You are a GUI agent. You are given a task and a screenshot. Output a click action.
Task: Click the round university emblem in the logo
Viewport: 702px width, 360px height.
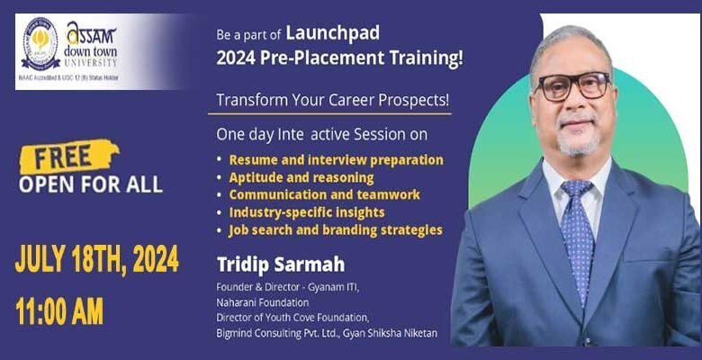40,44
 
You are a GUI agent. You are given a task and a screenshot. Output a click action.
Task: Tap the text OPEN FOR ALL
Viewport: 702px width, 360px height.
91,185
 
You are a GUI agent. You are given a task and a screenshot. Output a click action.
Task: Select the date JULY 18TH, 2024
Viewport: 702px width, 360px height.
96,260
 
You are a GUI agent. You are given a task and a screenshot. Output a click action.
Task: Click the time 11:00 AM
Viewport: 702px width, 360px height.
59,310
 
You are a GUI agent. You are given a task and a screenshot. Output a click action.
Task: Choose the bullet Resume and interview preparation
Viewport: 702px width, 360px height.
336,160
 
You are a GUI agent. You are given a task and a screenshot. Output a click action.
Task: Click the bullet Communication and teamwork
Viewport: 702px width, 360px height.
324,194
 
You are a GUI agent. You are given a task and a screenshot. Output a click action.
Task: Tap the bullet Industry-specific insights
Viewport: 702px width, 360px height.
306,212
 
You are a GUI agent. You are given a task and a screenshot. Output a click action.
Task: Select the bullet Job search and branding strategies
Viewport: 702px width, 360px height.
335,229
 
